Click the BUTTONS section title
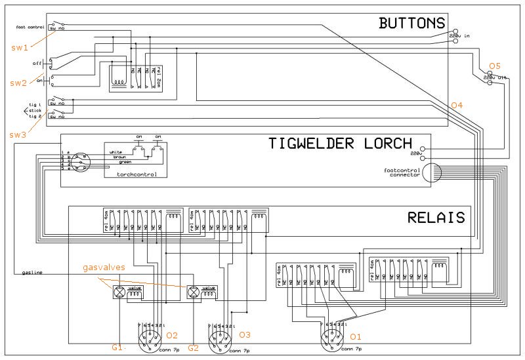tap(412, 24)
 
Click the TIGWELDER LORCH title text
tap(340, 144)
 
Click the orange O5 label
tap(495, 66)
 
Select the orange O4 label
tap(457, 106)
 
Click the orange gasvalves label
tap(104, 269)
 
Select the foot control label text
tap(30, 27)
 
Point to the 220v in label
tap(463, 35)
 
